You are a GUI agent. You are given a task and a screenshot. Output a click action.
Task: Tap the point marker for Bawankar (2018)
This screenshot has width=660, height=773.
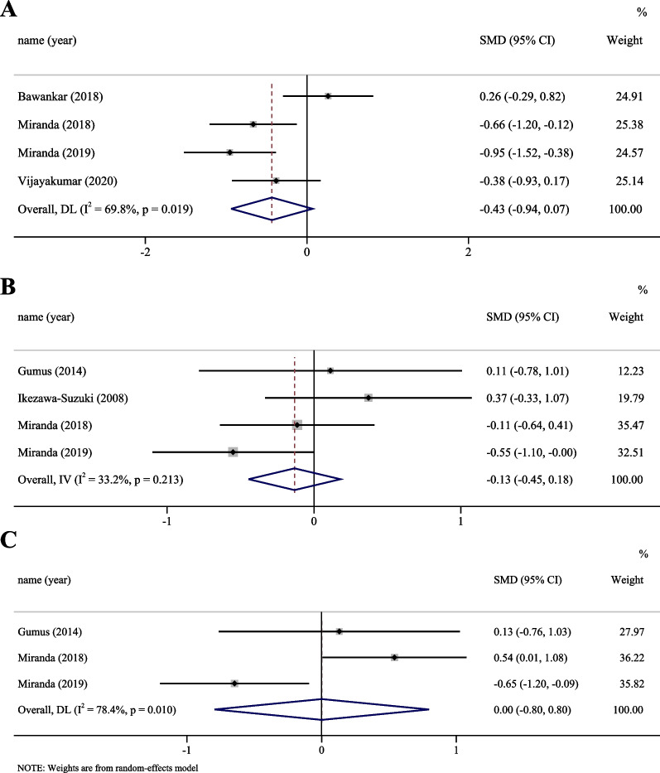328,96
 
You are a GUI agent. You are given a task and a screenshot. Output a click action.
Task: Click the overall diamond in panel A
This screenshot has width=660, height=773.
272,210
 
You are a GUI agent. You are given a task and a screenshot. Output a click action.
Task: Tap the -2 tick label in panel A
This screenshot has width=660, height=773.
145,251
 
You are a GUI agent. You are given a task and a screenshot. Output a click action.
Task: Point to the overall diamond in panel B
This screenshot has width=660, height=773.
295,479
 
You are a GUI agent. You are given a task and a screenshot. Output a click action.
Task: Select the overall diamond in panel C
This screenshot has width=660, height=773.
321,710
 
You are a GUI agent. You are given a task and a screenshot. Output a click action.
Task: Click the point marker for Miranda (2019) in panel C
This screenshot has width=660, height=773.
234,684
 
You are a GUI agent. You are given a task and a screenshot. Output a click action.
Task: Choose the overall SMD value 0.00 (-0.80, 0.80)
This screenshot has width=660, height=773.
528,710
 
